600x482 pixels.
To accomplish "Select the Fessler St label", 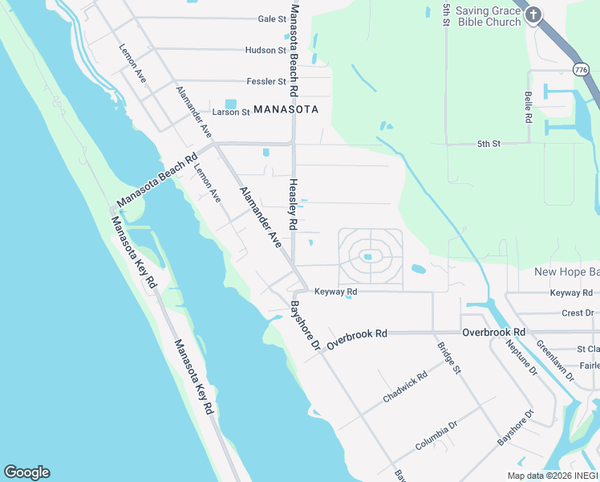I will (x=266, y=81).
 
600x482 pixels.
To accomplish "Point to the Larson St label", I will (x=231, y=112).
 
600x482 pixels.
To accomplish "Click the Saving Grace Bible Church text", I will (x=489, y=16).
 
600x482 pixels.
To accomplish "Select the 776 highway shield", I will (x=581, y=71).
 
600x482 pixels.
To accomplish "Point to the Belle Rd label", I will (x=528, y=105).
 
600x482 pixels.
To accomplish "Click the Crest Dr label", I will (x=577, y=312).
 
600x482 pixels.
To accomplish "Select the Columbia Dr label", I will (x=436, y=435).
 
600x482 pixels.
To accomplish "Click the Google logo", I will (x=26, y=472).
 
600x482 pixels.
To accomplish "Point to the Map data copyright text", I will (x=552, y=476).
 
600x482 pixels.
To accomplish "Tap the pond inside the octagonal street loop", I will (x=369, y=257).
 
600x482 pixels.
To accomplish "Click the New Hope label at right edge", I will (x=566, y=272).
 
